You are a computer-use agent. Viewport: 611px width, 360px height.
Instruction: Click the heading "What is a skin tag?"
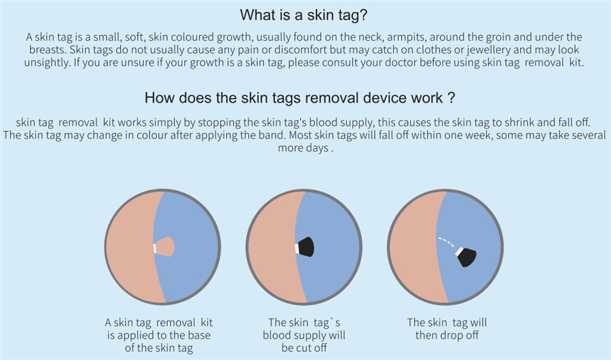point(303,15)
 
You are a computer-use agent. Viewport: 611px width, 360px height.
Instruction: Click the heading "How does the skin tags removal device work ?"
point(299,98)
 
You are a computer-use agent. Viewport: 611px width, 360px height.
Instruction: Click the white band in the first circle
point(155,248)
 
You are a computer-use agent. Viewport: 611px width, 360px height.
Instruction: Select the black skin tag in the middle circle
point(306,247)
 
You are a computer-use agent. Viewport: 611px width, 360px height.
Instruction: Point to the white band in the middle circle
point(297,249)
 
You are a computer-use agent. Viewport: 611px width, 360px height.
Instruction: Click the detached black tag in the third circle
point(468,257)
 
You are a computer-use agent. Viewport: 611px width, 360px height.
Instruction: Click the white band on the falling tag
point(459,251)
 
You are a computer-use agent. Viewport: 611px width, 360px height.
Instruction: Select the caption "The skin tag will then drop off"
point(447,329)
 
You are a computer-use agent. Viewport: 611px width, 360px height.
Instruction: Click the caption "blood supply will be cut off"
point(304,341)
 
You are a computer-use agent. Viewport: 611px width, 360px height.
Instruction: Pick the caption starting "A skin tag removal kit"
point(159,335)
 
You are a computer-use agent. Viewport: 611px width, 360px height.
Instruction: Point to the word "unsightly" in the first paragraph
point(47,62)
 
